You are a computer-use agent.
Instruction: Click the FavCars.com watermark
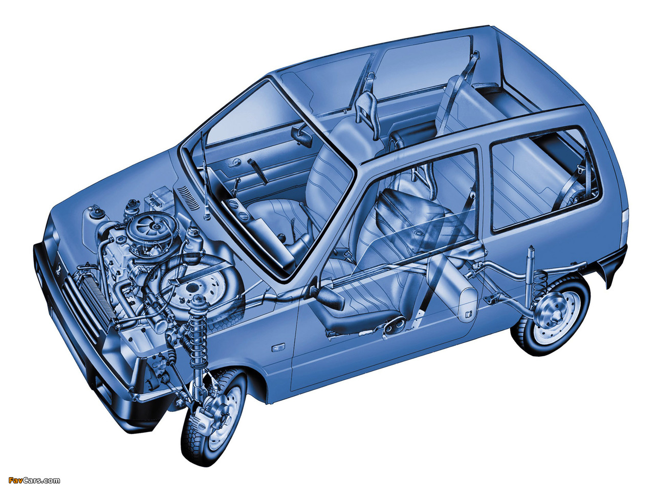coord(34,480)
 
